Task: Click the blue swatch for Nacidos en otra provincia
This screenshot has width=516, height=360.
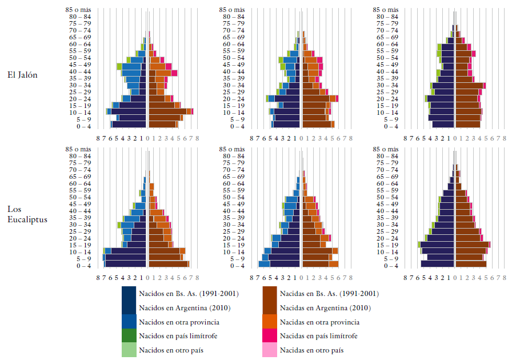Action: pos(129,322)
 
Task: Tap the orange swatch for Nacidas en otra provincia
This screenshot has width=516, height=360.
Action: pos(270,322)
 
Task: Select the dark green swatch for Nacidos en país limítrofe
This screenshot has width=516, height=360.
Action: pos(129,335)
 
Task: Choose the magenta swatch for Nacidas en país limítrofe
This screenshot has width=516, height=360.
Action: pos(270,335)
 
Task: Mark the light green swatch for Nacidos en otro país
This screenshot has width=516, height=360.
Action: pos(129,350)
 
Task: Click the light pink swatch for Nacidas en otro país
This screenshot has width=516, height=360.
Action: pos(270,350)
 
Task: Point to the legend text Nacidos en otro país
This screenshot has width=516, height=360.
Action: pos(171,350)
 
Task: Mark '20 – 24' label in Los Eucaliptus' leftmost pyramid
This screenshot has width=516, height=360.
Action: pos(79,238)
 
